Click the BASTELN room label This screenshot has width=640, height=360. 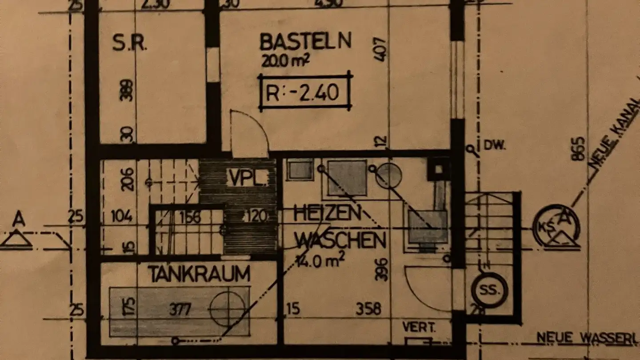305,41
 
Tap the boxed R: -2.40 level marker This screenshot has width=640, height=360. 305,93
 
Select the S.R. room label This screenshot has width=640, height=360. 129,43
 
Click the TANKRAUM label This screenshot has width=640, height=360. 199,274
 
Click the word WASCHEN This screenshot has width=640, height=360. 340,240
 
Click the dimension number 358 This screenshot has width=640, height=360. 368,308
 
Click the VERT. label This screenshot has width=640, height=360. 419,328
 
